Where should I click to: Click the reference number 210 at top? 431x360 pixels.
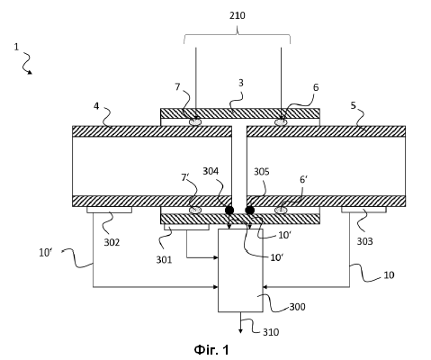click(x=238, y=15)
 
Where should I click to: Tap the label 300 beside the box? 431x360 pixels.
click(x=297, y=307)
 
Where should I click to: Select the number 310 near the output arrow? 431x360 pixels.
click(x=271, y=332)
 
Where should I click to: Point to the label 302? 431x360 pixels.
click(x=112, y=242)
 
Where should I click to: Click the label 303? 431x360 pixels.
click(x=364, y=241)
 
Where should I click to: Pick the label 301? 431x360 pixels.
click(x=164, y=259)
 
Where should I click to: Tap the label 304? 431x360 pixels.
click(x=211, y=171)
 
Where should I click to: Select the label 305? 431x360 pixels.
click(x=262, y=172)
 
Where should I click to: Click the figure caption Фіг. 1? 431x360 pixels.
click(x=211, y=350)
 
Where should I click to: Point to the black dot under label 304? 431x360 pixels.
click(x=229, y=211)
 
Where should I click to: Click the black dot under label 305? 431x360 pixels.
click(x=250, y=211)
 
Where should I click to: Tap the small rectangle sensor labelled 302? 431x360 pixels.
click(x=110, y=210)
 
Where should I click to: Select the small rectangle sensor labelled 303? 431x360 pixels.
click(x=364, y=210)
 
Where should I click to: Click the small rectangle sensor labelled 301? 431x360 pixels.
click(x=186, y=227)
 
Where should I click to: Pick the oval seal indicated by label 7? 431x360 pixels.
click(x=194, y=121)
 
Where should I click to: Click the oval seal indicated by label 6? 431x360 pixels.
click(x=281, y=122)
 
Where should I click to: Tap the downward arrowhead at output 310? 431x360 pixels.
click(x=240, y=331)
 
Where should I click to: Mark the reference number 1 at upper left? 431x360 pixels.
click(x=16, y=47)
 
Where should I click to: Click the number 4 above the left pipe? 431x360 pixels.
click(x=96, y=106)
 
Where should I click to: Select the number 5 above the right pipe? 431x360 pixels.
click(x=353, y=105)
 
